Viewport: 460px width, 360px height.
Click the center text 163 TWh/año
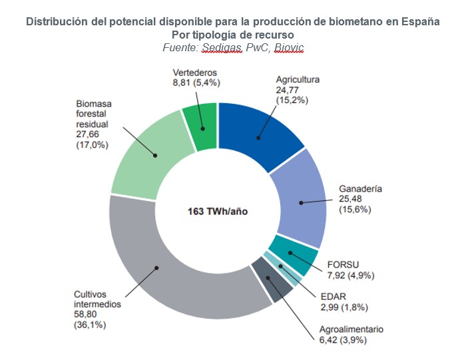coord(218,211)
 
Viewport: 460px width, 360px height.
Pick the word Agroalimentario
coord(351,329)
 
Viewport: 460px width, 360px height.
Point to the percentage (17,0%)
coord(92,145)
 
